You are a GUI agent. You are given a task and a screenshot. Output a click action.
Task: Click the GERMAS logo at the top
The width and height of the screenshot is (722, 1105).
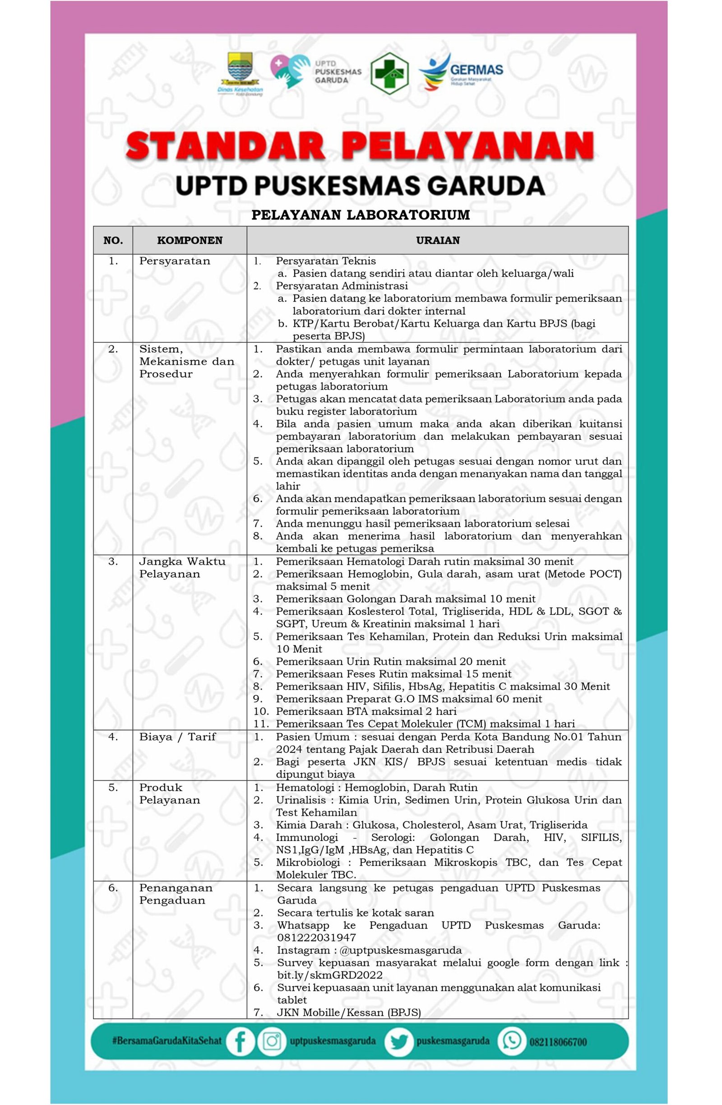[x=461, y=72]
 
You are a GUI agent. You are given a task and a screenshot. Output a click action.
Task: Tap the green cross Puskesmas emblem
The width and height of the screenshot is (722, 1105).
[x=389, y=73]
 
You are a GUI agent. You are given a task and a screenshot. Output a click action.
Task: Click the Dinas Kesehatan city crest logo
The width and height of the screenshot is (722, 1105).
[x=240, y=73]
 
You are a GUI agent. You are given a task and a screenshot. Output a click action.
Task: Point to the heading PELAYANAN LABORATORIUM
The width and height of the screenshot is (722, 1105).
[x=361, y=215]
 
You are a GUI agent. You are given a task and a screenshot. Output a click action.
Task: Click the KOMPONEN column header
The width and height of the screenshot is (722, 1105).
[x=190, y=241]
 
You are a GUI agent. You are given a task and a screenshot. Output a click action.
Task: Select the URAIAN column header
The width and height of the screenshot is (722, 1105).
[x=438, y=241]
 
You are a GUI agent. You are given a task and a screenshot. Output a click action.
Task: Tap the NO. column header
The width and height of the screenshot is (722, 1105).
[x=113, y=241]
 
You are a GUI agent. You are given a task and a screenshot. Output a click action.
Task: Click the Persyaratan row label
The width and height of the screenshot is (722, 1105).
[x=175, y=261]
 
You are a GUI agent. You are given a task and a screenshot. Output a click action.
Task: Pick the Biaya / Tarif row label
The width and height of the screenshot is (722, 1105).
[x=177, y=737]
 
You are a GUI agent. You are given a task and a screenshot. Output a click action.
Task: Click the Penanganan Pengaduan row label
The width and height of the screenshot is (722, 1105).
[x=176, y=894]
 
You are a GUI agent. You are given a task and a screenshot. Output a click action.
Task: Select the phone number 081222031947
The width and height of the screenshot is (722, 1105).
[x=316, y=937]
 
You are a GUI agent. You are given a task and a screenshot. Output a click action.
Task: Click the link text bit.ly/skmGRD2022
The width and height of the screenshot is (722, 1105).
[x=330, y=975]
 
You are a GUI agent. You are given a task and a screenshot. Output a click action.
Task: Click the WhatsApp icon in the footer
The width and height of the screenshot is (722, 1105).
[x=511, y=1041]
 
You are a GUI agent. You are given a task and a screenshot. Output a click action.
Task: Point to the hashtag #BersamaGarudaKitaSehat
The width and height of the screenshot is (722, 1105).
[x=167, y=1041]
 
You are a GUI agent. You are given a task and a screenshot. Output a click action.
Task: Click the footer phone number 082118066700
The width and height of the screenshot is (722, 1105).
[x=558, y=1042]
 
